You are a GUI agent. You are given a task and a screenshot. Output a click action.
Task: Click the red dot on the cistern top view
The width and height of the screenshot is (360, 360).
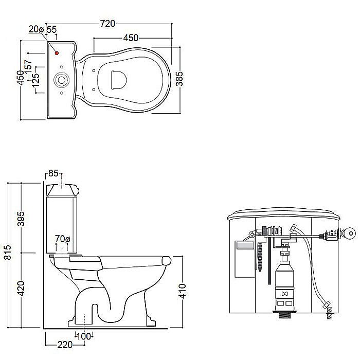57,53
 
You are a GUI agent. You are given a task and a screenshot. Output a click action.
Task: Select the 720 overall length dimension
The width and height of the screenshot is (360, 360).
107,24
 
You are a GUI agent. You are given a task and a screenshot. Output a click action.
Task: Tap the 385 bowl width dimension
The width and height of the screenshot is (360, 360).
179,79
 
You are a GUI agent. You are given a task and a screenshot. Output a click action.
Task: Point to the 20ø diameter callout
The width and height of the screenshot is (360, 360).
36,29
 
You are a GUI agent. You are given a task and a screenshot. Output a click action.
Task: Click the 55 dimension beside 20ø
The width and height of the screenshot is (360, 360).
51,29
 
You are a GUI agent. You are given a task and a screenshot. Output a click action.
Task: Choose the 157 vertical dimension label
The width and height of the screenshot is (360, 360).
28,67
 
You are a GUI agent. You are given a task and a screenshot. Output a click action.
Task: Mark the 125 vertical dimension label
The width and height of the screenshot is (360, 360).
35,81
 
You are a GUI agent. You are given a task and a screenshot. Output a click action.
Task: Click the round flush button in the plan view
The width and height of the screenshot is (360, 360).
61,80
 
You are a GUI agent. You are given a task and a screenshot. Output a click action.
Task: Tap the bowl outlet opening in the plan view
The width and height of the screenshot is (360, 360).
119,80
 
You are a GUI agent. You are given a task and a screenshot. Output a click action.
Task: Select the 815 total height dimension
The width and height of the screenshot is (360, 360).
8,253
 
